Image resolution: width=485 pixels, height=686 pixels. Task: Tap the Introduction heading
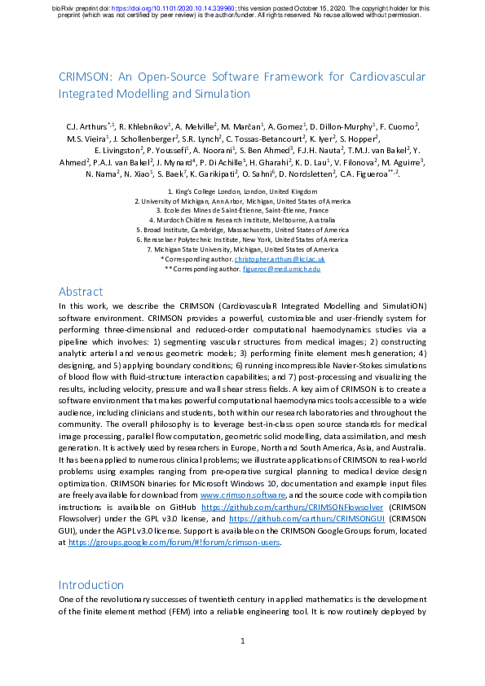pyautogui.click(x=91, y=584)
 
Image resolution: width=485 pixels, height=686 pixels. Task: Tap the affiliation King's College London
pyautogui.click(x=242, y=191)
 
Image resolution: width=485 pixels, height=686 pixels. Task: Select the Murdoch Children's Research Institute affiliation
pyautogui.click(x=242, y=220)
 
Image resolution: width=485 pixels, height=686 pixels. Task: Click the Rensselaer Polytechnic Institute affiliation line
pyautogui.click(x=242, y=240)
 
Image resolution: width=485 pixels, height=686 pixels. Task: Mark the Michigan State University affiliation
pyautogui.click(x=242, y=250)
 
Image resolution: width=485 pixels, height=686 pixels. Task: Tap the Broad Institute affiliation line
pyautogui.click(x=242, y=231)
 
